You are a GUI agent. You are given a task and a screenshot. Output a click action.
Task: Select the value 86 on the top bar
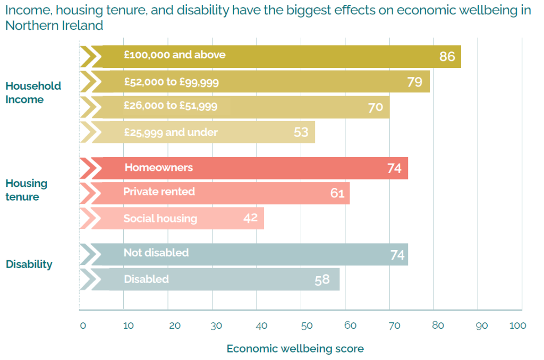click(447, 56)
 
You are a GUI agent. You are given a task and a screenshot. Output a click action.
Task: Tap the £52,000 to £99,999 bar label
click(171, 82)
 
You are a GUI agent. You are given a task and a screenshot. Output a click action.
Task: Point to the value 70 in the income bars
click(375, 107)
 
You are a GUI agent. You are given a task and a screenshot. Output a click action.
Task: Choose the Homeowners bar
click(244, 168)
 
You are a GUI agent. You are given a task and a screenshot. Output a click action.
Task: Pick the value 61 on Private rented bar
click(337, 193)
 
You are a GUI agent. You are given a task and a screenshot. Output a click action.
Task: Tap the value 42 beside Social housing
click(250, 218)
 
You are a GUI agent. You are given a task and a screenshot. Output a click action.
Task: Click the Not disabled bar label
click(156, 253)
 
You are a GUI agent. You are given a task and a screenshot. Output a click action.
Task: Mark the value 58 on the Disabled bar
click(322, 279)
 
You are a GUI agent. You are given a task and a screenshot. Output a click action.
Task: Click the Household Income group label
click(33, 93)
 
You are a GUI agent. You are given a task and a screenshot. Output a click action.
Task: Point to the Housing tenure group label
click(26, 190)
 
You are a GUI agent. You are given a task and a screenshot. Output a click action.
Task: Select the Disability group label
click(29, 264)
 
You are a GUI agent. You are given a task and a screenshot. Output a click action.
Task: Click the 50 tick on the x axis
click(301, 325)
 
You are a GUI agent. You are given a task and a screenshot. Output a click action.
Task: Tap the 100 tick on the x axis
click(517, 325)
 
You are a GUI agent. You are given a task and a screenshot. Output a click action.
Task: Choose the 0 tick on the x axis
click(82, 325)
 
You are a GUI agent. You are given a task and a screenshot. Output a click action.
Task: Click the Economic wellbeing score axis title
click(295, 349)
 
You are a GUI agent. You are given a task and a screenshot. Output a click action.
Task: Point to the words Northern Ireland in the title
click(54, 25)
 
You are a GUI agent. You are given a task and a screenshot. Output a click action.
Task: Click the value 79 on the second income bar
click(414, 82)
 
